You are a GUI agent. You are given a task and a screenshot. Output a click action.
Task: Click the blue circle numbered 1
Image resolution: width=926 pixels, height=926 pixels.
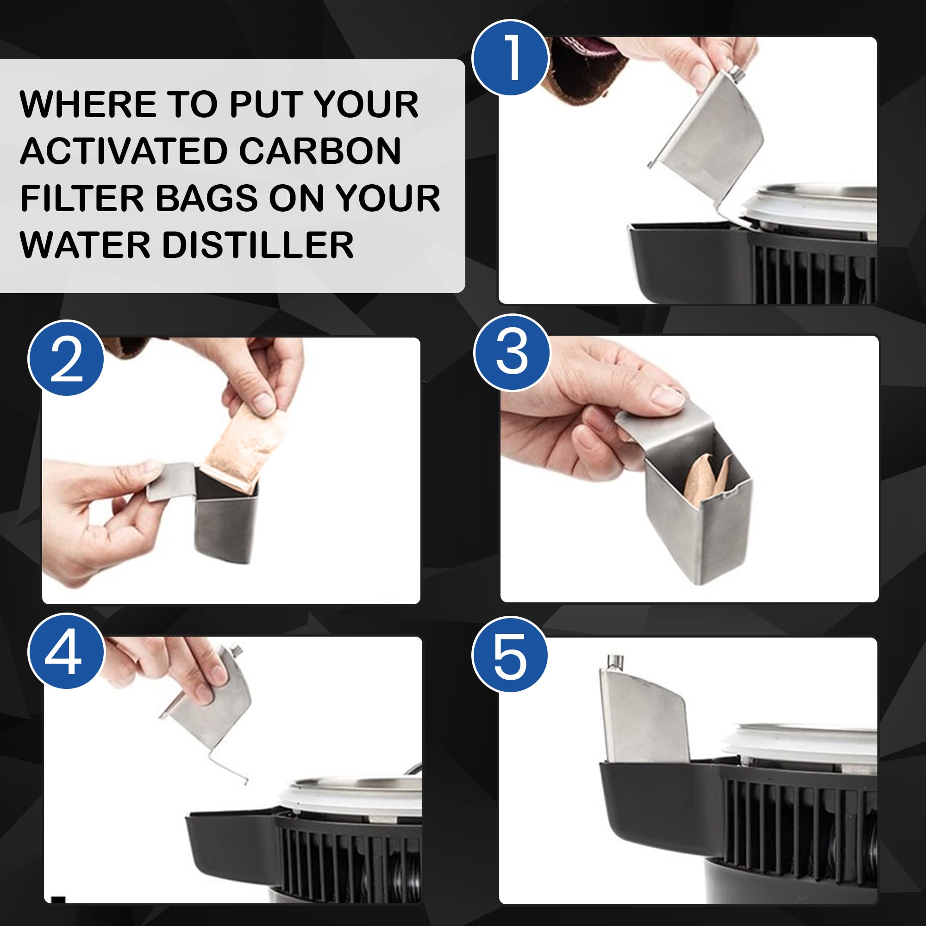(x=510, y=57)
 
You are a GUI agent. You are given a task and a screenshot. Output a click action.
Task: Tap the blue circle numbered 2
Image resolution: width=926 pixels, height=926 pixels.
(x=66, y=358)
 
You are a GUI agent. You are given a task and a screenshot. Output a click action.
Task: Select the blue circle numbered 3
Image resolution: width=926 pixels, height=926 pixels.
(x=512, y=353)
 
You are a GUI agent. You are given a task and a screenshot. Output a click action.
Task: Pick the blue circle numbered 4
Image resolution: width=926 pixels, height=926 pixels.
(x=66, y=651)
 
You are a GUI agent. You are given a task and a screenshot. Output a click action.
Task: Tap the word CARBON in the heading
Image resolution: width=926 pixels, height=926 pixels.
(x=319, y=151)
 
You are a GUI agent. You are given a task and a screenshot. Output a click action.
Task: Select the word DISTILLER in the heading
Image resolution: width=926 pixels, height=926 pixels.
(x=258, y=245)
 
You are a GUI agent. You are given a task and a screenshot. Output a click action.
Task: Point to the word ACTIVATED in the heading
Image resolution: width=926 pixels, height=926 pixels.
(x=124, y=151)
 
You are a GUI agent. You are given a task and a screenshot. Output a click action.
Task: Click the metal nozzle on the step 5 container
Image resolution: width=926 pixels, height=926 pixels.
(x=615, y=662)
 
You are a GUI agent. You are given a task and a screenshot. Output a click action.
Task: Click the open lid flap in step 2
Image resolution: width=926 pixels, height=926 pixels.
(x=170, y=481)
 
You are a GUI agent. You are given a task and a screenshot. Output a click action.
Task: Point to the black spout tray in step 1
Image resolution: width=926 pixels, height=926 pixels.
(x=690, y=261)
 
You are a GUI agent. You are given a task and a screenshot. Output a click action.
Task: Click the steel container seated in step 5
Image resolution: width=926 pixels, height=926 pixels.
(x=643, y=711)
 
